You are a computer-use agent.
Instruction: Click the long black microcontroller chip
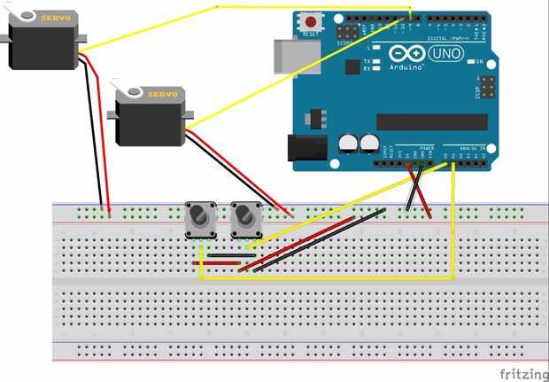[432, 121]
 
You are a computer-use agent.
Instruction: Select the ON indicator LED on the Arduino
[469, 61]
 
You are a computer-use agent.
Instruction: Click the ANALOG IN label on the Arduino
[469, 148]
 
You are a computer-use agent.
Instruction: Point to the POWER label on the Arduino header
[426, 148]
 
